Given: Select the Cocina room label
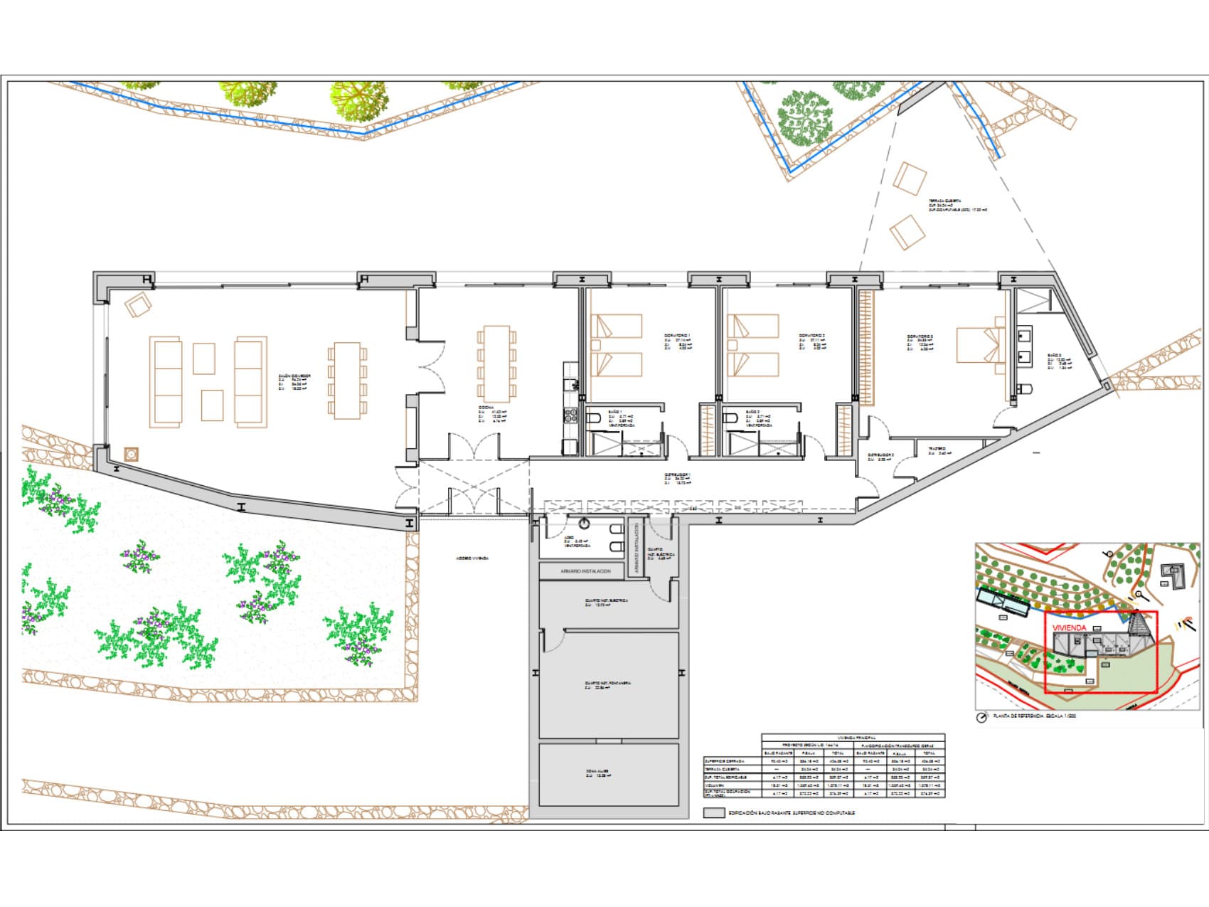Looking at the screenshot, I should (x=486, y=408).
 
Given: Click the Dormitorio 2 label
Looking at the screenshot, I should (x=812, y=335).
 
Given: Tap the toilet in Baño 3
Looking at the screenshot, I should (x=1024, y=389).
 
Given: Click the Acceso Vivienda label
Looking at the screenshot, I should (x=472, y=558).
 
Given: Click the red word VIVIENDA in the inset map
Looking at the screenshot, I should (x=1070, y=628).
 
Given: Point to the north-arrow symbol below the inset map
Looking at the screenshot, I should (x=982, y=717).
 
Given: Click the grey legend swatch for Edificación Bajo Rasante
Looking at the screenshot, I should (x=713, y=812).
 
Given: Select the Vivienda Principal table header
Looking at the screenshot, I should (x=853, y=738).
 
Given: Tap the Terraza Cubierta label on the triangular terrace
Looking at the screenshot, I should (x=946, y=201).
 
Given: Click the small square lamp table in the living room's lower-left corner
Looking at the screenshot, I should (x=131, y=453).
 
